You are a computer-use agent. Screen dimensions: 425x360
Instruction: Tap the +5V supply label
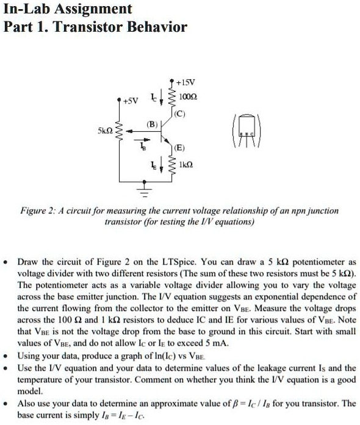pyautogui.click(x=131, y=101)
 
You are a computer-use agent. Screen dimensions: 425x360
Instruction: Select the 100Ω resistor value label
pyautogui.click(x=187, y=96)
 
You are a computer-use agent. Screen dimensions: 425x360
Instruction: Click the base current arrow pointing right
pyautogui.click(x=144, y=149)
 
